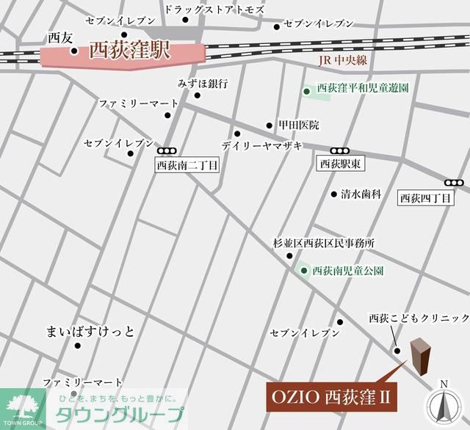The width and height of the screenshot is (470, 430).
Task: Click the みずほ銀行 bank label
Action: [203, 83]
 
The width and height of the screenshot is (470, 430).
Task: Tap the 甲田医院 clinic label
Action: [298, 125]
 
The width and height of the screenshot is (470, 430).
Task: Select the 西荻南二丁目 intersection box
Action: [188, 166]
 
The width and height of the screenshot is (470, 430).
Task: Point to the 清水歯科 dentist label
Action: [361, 194]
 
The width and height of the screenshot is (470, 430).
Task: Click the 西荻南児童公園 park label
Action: [348, 271]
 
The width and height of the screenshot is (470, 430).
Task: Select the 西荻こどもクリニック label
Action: [419, 318]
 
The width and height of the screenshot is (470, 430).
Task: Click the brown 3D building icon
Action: [421, 355]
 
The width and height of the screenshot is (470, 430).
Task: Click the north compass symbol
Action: [443, 404]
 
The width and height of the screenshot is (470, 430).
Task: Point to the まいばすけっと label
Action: [90, 332]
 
